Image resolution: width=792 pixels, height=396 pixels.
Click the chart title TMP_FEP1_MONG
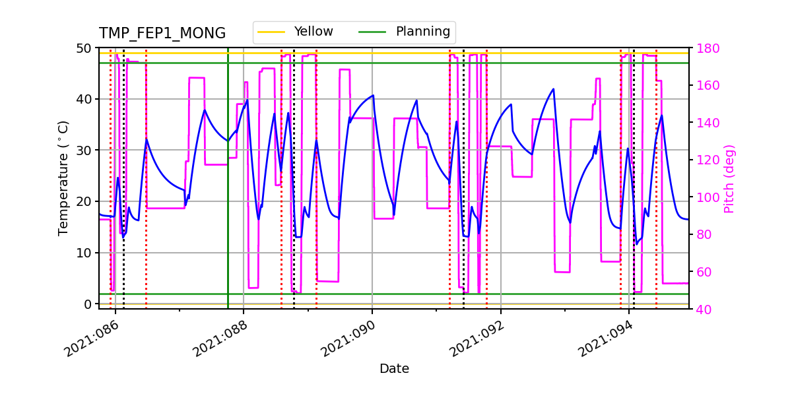[x=162, y=34]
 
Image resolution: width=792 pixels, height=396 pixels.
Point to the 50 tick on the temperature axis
[x=84, y=48]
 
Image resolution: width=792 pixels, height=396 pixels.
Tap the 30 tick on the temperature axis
[x=84, y=150]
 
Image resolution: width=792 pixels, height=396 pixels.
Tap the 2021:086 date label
[x=94, y=337]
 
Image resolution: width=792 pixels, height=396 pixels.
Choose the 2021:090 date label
[x=351, y=337]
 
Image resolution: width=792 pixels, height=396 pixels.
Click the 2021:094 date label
[x=609, y=337]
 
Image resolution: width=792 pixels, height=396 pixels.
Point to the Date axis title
[x=394, y=369]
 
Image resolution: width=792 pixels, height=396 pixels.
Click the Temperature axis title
[x=63, y=178]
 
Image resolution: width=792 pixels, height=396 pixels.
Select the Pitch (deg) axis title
[x=729, y=178]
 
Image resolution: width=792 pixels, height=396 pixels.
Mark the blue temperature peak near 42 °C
[x=553, y=89]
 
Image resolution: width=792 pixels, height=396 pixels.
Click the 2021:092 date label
[x=480, y=337]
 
